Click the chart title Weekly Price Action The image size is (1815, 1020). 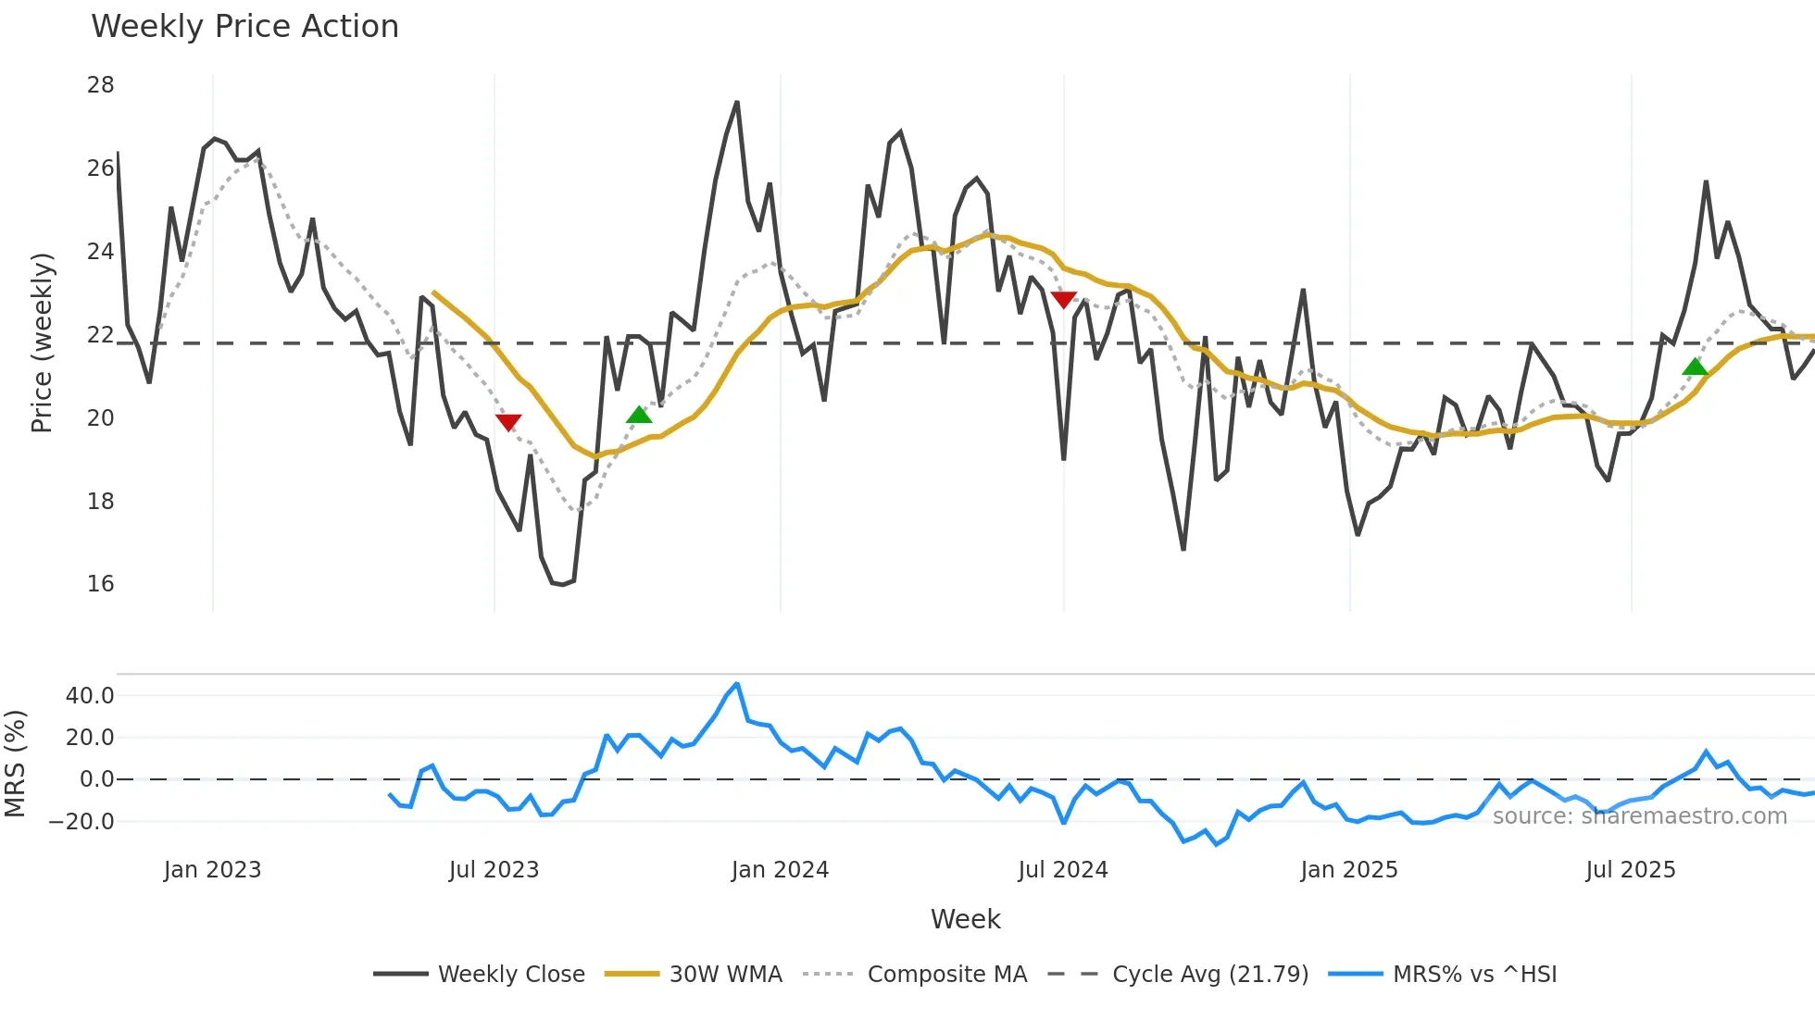click(244, 27)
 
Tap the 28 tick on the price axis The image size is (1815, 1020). click(100, 85)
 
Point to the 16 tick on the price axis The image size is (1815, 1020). click(100, 584)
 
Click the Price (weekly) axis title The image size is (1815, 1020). click(43, 342)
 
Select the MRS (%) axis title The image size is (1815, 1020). click(15, 764)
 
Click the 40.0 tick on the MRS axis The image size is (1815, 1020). click(90, 696)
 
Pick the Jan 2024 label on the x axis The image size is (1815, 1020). click(780, 870)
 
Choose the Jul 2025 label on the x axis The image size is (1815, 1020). click(1631, 870)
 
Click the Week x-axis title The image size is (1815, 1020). click(965, 919)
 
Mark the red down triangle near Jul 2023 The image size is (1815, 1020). click(508, 422)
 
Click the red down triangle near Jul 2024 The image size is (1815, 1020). click(1064, 299)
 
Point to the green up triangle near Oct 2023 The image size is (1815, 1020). click(639, 415)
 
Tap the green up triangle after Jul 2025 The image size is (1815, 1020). click(1695, 367)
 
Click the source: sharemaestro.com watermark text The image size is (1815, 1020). click(1639, 816)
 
